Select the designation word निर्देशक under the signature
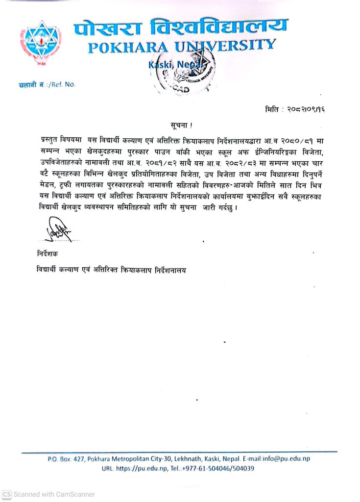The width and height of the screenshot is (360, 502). click(47, 255)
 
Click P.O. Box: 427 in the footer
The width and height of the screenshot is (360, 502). click(66, 459)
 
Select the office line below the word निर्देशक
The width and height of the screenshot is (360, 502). click(112, 270)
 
